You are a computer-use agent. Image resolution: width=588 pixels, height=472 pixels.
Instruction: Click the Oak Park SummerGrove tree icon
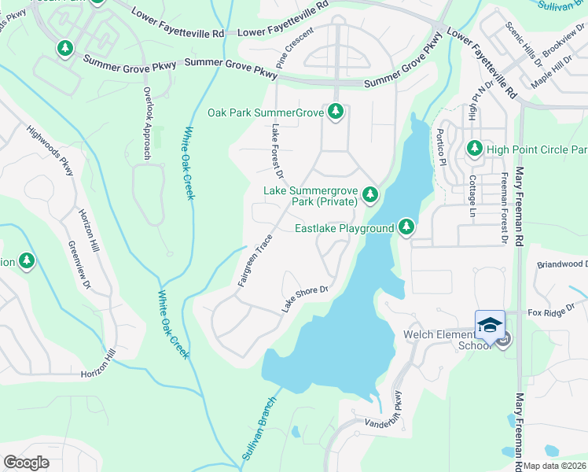(336, 112)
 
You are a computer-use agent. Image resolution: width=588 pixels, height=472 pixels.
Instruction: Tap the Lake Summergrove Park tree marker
(369, 194)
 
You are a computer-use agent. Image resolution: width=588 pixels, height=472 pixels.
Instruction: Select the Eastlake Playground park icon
(406, 227)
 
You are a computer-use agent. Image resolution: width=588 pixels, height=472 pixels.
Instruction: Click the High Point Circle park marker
(474, 148)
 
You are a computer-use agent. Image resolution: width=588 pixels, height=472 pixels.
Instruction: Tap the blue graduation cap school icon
(490, 324)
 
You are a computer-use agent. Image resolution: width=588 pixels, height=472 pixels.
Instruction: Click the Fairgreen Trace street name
(255, 259)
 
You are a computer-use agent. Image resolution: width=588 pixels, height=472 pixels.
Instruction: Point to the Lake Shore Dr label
(304, 299)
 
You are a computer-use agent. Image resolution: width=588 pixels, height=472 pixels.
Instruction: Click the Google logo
(27, 463)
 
